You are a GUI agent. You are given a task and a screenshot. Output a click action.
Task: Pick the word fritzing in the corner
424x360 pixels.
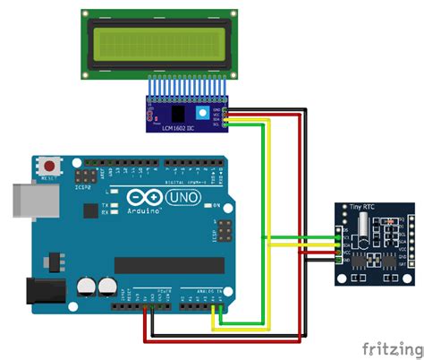390,346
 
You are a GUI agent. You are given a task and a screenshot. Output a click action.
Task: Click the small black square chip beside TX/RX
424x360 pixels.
90,210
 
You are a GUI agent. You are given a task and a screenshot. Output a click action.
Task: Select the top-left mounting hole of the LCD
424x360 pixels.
88,17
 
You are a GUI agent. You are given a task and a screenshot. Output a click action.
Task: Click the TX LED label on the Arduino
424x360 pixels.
106,204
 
